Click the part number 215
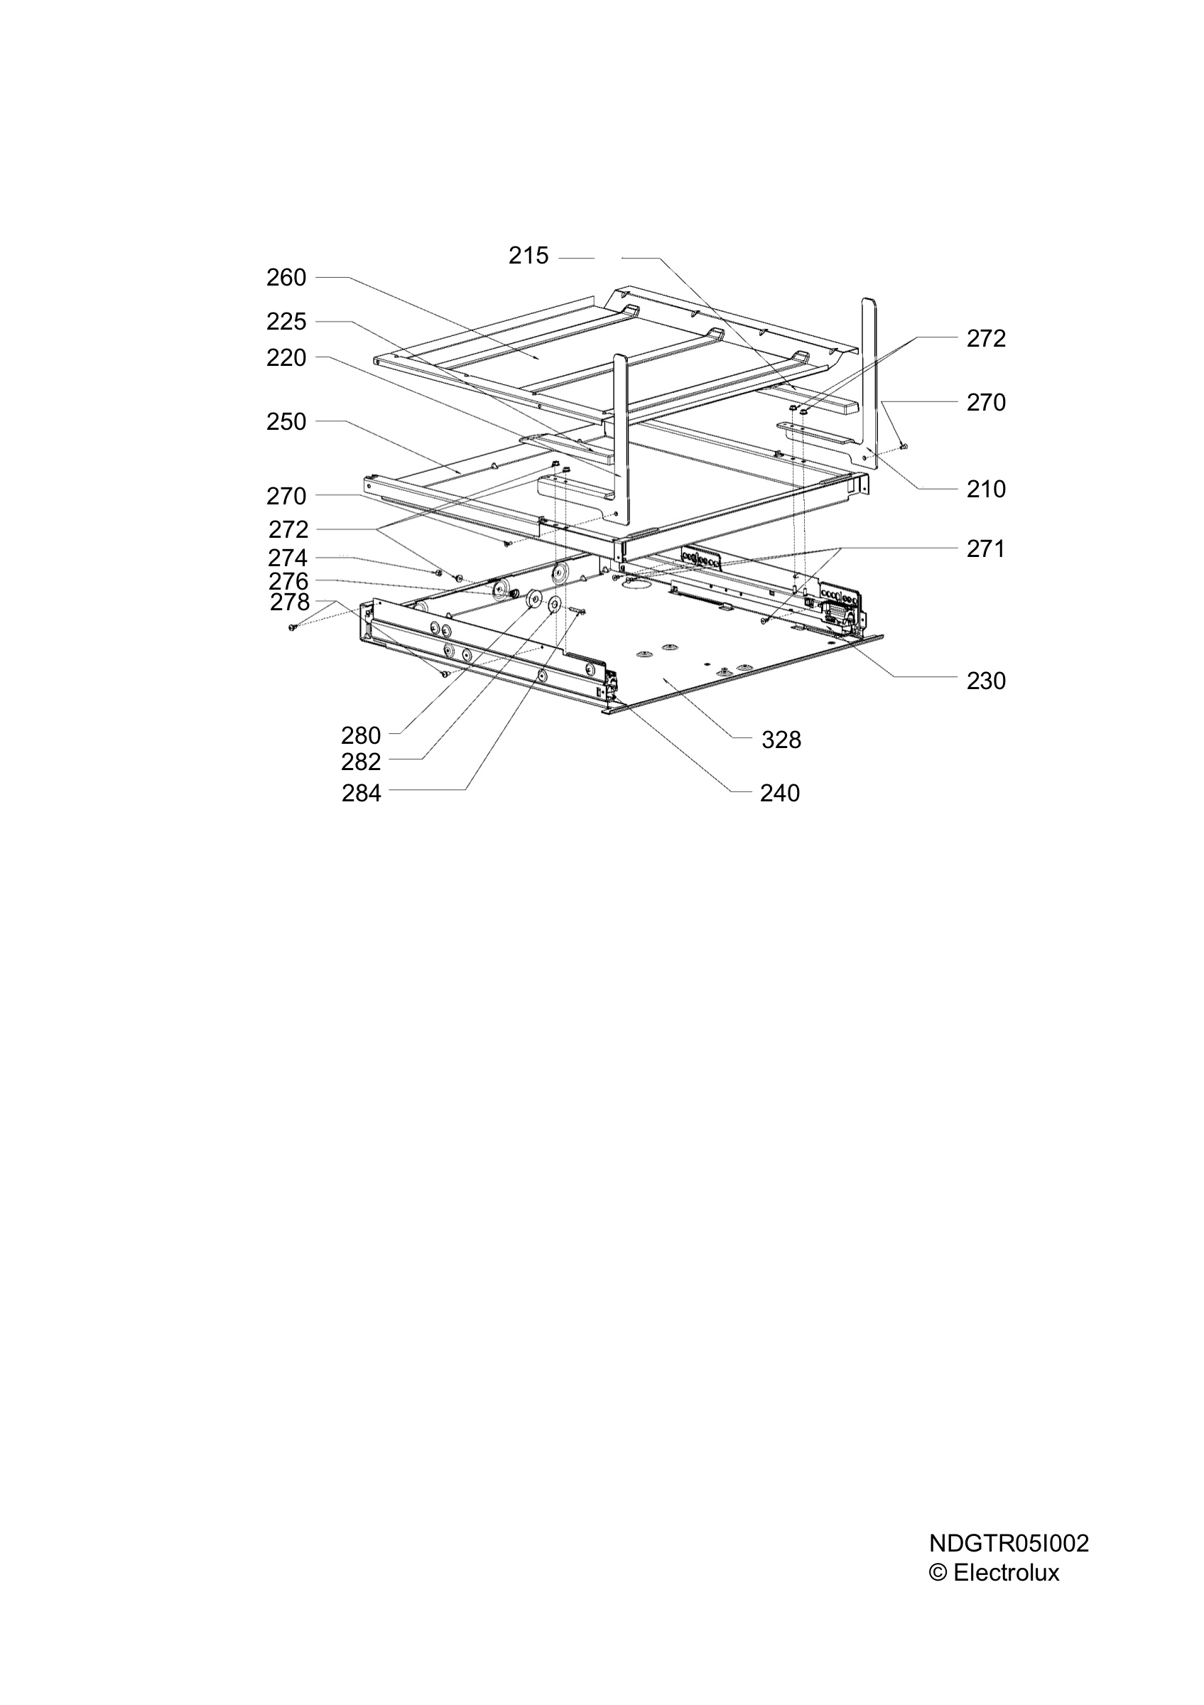(x=528, y=256)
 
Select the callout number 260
(x=286, y=278)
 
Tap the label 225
(x=286, y=322)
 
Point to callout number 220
(x=286, y=358)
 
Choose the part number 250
(x=286, y=422)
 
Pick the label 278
(x=291, y=602)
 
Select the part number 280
(x=361, y=736)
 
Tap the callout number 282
(x=361, y=762)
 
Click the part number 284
(x=362, y=794)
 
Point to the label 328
(x=781, y=740)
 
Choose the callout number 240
(x=780, y=794)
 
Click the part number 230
(x=987, y=681)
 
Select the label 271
(x=986, y=550)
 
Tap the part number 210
(x=987, y=489)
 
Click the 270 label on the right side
(x=987, y=403)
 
